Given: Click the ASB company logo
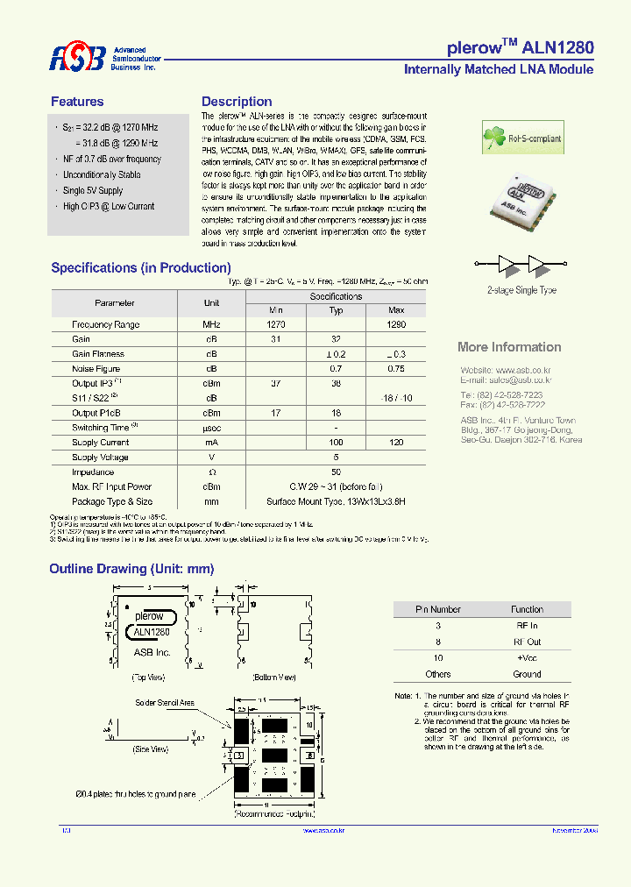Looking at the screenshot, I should [78, 58].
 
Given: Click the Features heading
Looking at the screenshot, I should [77, 102].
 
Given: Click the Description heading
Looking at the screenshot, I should [237, 102].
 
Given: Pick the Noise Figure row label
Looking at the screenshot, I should [96, 369].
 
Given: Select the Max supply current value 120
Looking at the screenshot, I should [396, 443].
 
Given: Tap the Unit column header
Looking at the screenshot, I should [211, 303].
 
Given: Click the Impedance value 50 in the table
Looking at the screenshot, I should [336, 472].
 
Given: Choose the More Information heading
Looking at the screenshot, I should [509, 347].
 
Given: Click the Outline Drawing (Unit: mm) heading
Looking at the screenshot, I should [131, 569].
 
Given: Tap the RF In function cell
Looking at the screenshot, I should [528, 626].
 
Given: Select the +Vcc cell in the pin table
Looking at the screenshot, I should [528, 657].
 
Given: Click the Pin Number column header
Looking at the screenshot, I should [438, 609].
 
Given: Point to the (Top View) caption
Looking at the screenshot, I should [150, 678].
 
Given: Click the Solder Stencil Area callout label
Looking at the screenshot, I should [165, 703].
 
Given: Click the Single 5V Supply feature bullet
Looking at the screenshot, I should [93, 191].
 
